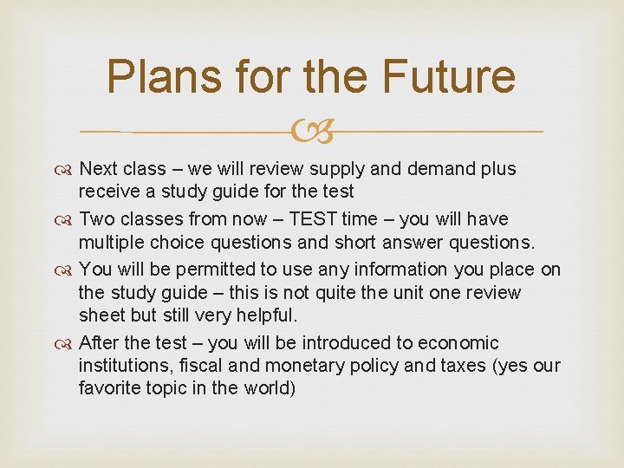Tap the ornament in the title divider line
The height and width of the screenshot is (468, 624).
pyautogui.click(x=311, y=133)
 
